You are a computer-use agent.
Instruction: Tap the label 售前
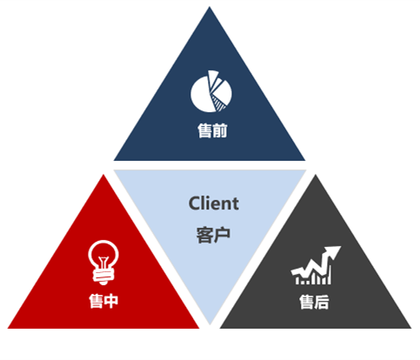tap(212, 130)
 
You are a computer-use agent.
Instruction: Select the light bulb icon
tap(103, 263)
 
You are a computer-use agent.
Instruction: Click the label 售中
tap(103, 301)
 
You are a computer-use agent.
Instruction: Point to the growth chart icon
tap(316, 265)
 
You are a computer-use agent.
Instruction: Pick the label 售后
tap(314, 302)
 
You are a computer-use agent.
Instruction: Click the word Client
tap(214, 203)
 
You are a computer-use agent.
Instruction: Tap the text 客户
tap(213, 235)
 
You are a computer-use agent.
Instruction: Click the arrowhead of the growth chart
tap(332, 252)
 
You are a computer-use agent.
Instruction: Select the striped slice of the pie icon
tap(219, 103)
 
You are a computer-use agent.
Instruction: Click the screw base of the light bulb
tap(103, 277)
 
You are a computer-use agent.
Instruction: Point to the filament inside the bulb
tap(103, 263)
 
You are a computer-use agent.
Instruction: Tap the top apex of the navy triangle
tap(210, 7)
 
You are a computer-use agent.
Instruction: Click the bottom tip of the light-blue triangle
tap(210, 324)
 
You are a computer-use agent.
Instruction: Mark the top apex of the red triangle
tap(103, 175)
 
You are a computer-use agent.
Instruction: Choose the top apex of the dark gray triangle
tap(316, 175)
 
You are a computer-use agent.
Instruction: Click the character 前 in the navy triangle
tap(220, 130)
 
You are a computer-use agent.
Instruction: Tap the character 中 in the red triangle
tap(111, 301)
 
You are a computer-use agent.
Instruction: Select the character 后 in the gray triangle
tap(322, 302)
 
